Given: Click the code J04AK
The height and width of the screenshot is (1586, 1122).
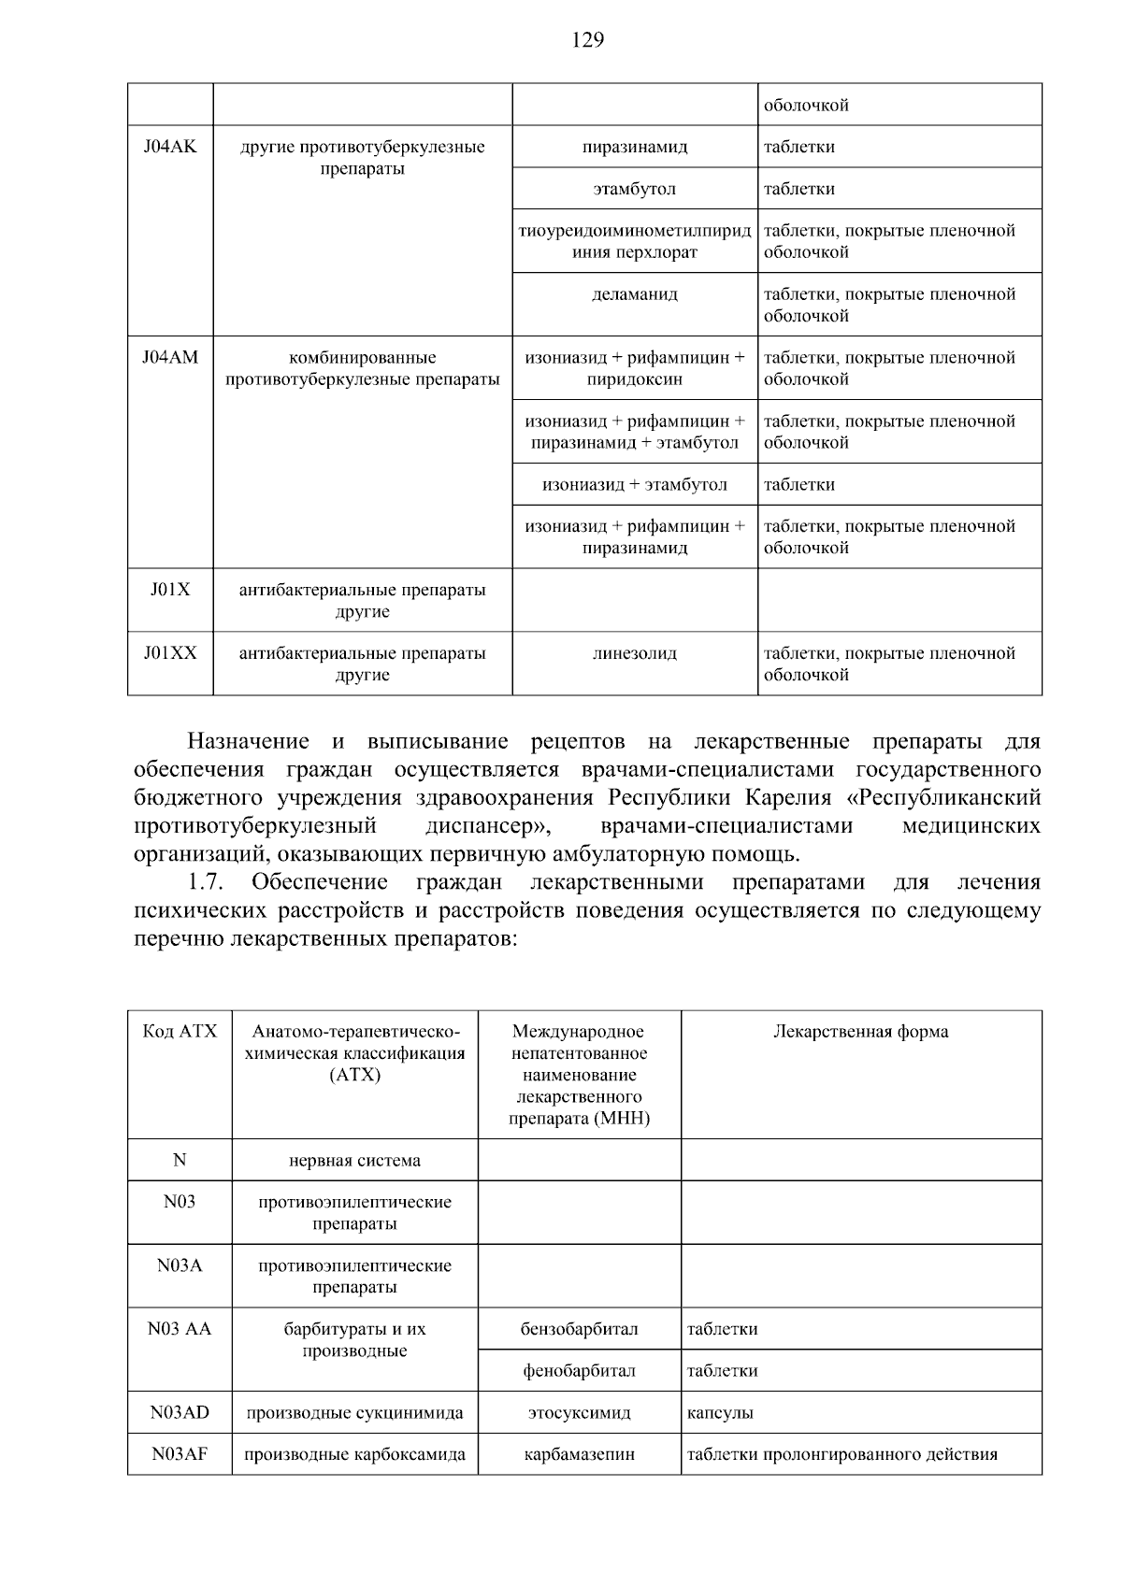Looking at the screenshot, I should click(170, 147).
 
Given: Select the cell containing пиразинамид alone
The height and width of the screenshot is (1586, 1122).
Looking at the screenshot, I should click(635, 147).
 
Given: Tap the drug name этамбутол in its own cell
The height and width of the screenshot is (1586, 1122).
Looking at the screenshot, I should click(635, 189).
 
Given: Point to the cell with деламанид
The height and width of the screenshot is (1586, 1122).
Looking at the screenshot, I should click(635, 294).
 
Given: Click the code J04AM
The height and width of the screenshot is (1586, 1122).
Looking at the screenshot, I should click(170, 358).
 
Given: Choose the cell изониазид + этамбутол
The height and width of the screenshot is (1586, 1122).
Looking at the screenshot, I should click(635, 485).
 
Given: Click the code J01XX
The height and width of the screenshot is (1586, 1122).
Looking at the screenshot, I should click(170, 653).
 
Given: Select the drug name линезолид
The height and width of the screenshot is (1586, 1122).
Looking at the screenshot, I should click(635, 653).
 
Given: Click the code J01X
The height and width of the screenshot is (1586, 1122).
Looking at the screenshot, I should click(170, 590).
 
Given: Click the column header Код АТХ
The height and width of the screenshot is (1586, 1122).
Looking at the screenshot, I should click(180, 1032).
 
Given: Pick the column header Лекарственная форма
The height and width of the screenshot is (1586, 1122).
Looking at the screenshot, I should click(860, 1032).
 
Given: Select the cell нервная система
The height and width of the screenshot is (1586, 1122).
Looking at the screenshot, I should click(354, 1161).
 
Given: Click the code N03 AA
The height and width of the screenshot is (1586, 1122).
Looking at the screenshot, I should click(180, 1329).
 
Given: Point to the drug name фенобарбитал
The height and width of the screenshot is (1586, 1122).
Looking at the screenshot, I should click(579, 1371).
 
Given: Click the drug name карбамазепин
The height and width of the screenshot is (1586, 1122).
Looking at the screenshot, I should click(579, 1455).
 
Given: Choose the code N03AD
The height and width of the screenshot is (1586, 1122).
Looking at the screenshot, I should click(180, 1413).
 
